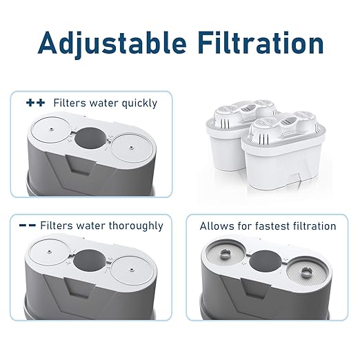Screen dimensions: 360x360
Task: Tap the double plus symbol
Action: click(35, 103)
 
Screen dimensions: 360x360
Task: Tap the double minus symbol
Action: click(28, 226)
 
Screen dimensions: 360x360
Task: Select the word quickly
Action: click(136, 103)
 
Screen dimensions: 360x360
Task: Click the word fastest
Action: click(277, 226)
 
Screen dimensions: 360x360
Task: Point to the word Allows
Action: click(216, 226)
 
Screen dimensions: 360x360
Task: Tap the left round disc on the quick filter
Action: click(50, 137)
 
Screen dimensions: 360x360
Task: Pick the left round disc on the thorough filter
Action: click(50, 260)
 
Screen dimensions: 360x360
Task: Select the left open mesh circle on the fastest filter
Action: click(225, 261)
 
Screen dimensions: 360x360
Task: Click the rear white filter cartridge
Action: click(228, 138)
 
